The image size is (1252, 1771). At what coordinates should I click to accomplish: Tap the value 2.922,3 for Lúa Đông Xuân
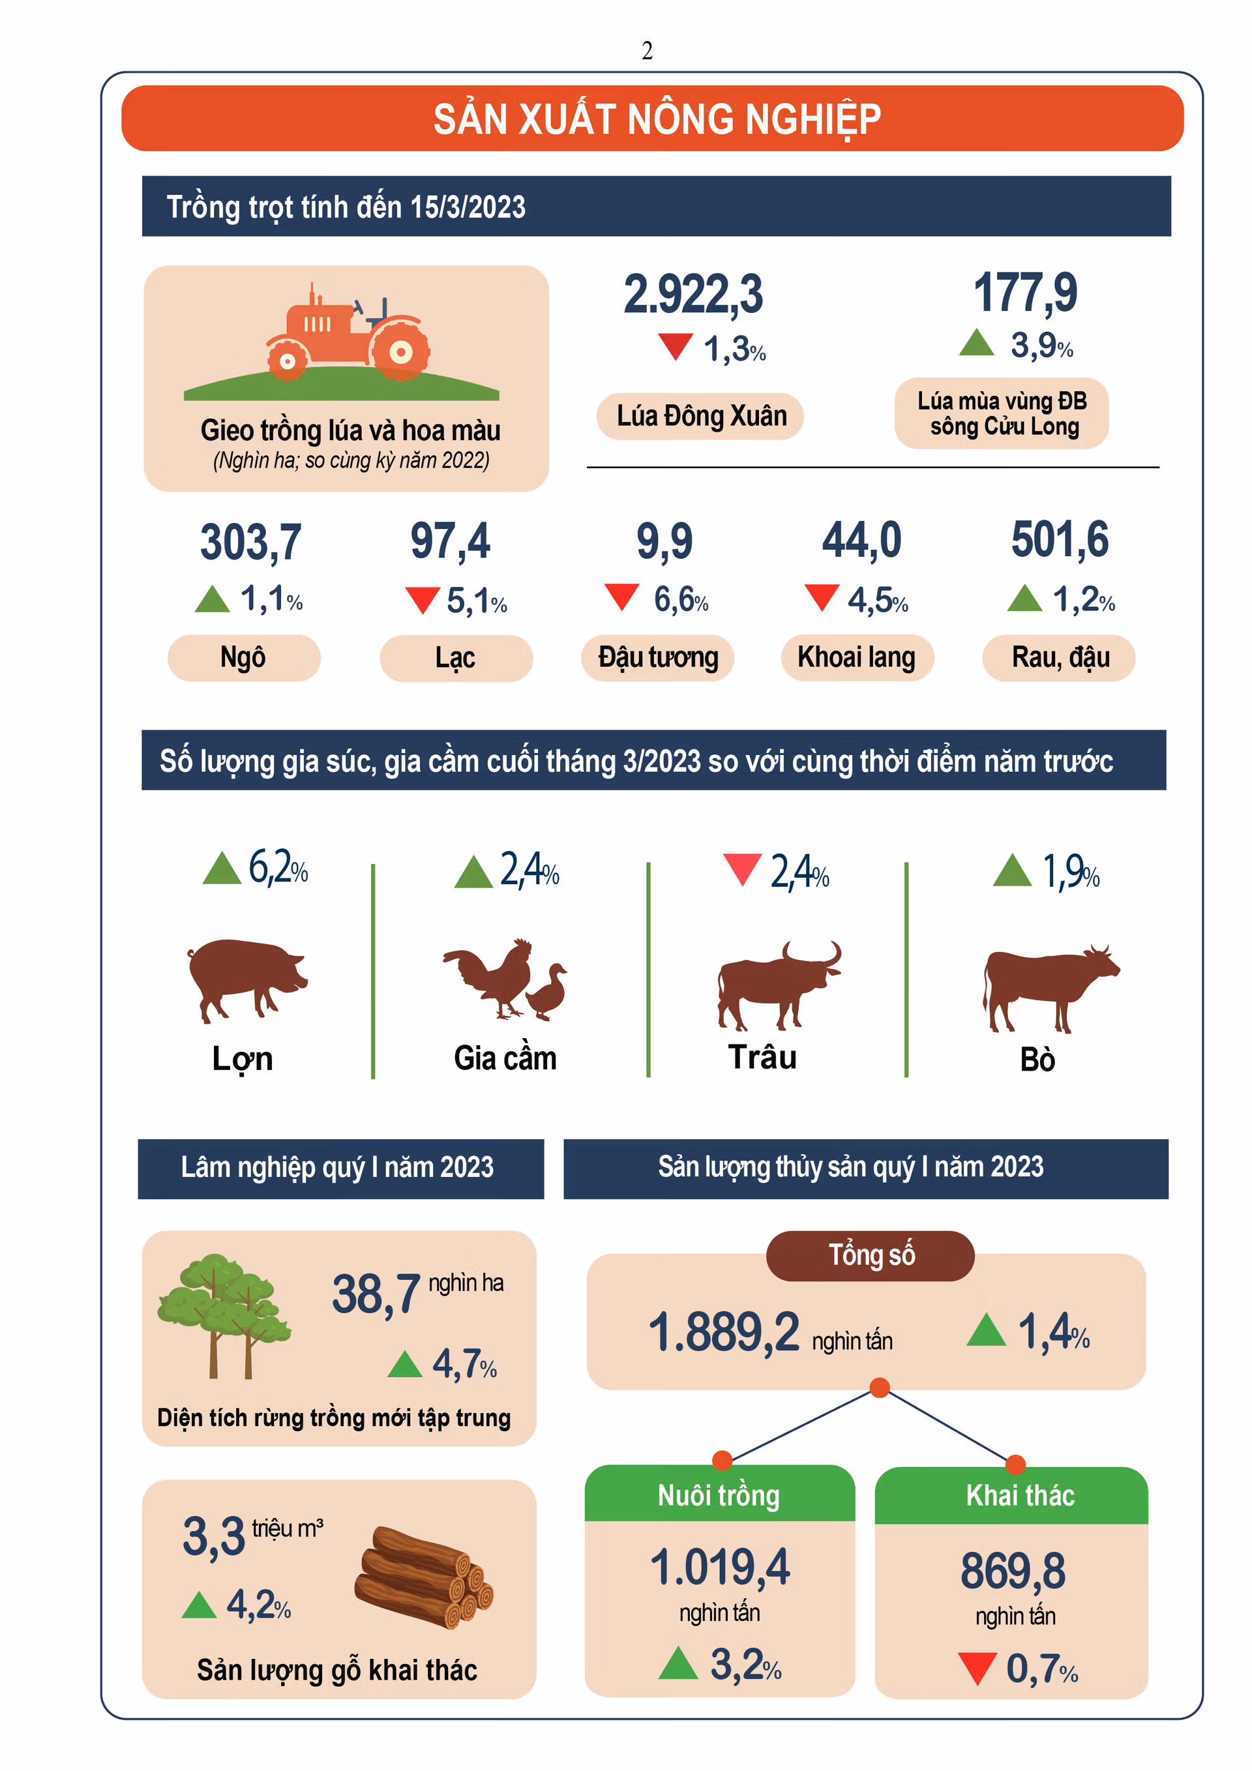point(692,294)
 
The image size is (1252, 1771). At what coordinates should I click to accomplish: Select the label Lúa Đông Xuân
point(700,417)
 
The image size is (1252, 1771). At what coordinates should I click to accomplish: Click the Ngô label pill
point(243,657)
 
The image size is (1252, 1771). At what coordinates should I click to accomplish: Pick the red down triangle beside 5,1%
point(422,599)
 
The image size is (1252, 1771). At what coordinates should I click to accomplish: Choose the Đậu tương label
point(657,657)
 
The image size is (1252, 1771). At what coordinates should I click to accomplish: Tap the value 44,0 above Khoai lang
point(861,540)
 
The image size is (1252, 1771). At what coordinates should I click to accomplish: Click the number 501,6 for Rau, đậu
point(1059,539)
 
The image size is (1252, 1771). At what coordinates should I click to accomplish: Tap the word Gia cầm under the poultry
point(505,1058)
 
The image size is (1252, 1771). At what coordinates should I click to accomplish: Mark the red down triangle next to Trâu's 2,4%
point(742,869)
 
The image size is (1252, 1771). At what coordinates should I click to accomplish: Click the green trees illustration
point(224,1315)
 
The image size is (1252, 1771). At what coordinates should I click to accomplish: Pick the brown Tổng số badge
point(869,1255)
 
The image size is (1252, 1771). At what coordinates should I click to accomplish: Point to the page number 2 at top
point(646,51)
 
